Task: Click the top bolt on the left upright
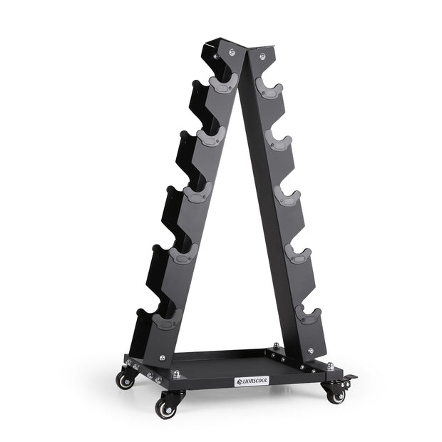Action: coord(231,51)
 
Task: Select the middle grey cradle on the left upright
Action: coord(197,193)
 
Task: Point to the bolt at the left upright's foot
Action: coord(163,358)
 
